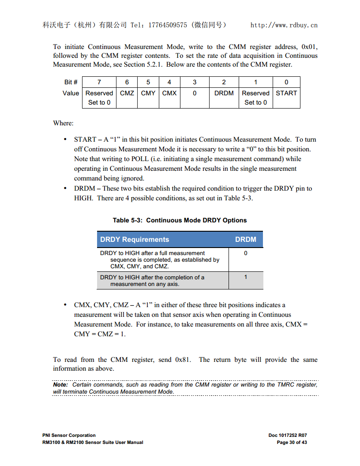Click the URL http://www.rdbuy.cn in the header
point(284,25)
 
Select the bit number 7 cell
point(99,82)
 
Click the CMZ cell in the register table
point(127,93)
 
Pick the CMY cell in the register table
point(148,93)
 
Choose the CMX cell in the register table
point(169,93)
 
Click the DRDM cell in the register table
point(224,93)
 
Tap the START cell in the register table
point(286,93)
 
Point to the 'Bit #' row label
point(71,82)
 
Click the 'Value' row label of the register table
point(71,93)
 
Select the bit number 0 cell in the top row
point(286,82)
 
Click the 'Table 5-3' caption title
point(180,220)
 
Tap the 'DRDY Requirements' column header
point(135,240)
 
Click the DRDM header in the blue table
point(245,240)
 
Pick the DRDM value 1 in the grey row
point(246,277)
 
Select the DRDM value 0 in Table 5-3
point(246,253)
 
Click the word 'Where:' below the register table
point(63,123)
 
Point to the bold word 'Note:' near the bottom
point(60,385)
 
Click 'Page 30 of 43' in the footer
point(292,442)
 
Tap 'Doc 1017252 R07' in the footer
point(288,435)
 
